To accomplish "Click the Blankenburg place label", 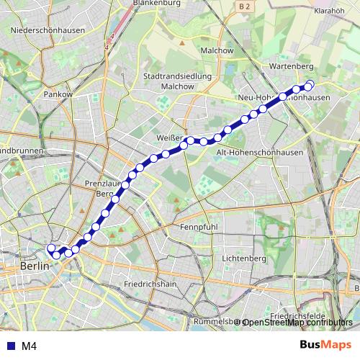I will click(156, 3).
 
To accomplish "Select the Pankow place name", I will click(58, 94).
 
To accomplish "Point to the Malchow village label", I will click(217, 50).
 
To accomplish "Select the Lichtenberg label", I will click(244, 258).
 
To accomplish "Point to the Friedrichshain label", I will click(150, 284).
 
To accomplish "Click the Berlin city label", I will click(35, 266).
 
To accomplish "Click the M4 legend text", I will click(29, 346).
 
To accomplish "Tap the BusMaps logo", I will click(326, 345).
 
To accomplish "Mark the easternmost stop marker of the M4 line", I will click(311, 84).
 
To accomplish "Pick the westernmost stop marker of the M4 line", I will click(50, 249).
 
